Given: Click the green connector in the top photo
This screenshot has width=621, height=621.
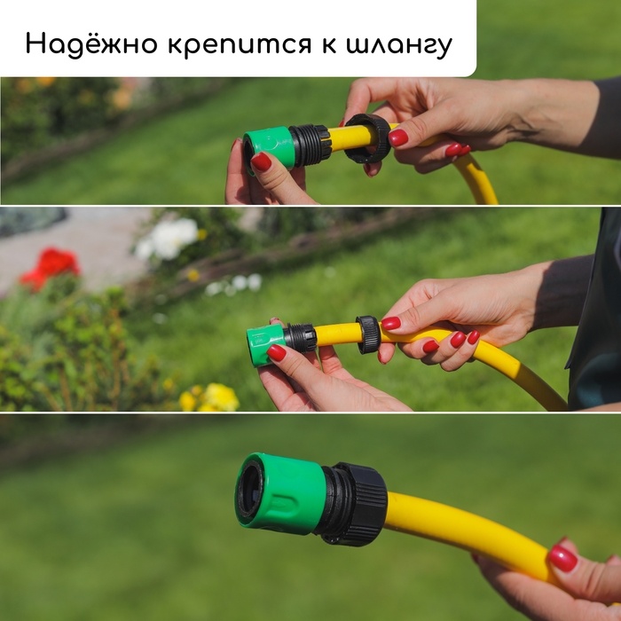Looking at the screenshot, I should [x=270, y=145].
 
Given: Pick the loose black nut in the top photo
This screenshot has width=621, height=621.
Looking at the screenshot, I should [x=367, y=138].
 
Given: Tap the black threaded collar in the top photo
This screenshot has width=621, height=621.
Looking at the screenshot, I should [x=311, y=144].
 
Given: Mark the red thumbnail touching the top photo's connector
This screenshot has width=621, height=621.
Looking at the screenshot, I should [x=261, y=161].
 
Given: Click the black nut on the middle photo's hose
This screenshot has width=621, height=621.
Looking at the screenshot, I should [x=368, y=334].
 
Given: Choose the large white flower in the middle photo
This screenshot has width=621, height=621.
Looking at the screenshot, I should [x=170, y=238].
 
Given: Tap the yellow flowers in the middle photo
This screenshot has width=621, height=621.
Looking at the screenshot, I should [x=213, y=397].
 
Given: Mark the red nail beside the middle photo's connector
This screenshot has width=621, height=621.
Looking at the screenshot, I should [x=277, y=352].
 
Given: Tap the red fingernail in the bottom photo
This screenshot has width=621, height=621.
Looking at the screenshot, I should [x=562, y=558].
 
